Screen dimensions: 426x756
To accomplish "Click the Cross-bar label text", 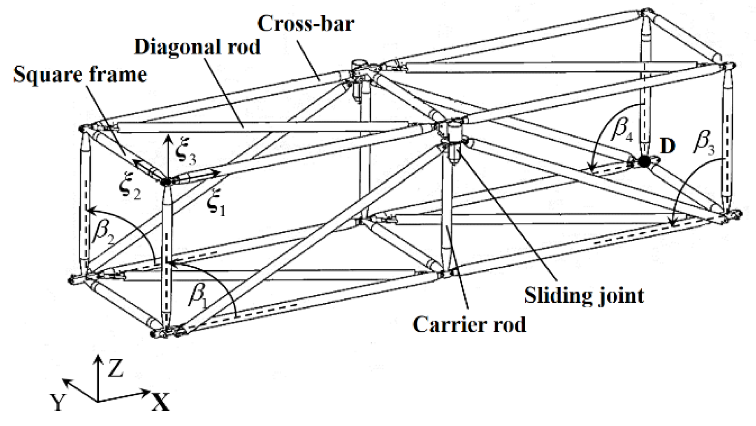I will click(305, 23).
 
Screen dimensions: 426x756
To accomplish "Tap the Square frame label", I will click(80, 75).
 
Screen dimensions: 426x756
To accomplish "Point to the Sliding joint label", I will click(584, 295).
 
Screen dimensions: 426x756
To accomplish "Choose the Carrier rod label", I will click(469, 325).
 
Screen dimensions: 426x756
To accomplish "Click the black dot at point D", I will click(644, 162).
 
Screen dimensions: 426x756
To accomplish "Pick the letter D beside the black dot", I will click(667, 146).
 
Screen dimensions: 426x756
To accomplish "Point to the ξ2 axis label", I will click(130, 191).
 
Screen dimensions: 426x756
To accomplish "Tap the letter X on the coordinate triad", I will click(160, 402).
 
